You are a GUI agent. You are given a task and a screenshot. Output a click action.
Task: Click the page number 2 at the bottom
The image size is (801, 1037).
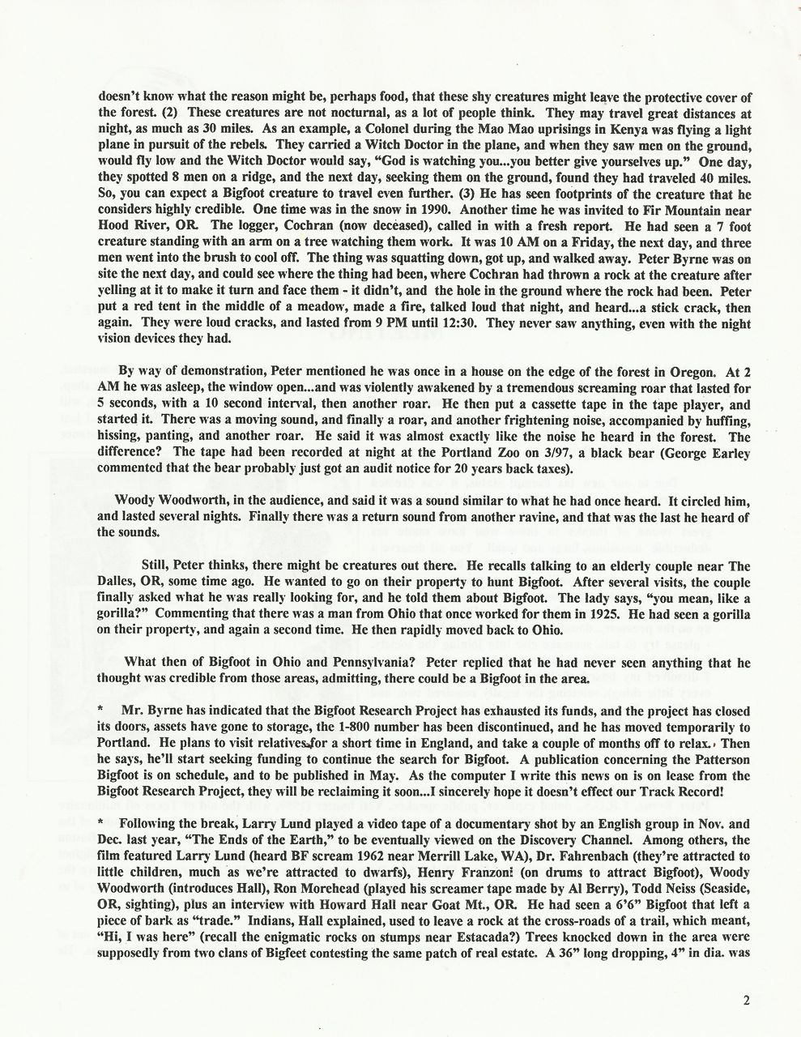[746, 1000]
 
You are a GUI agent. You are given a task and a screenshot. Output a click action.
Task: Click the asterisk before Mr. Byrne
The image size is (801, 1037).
[99, 707]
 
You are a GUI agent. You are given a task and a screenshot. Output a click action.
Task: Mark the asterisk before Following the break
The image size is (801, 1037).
[99, 821]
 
